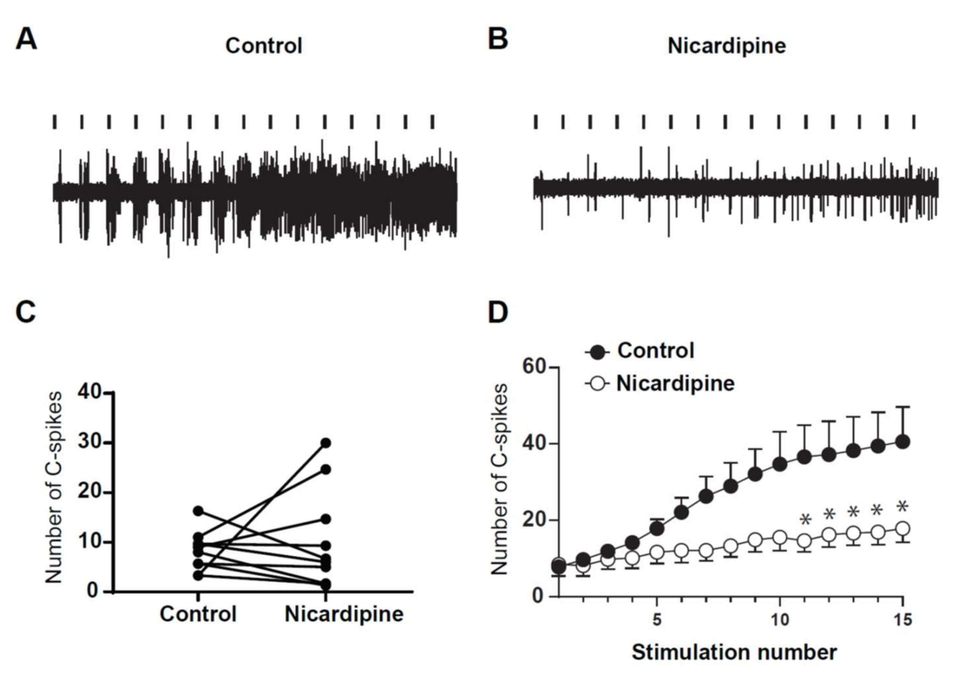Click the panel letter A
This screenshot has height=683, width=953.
click(x=26, y=40)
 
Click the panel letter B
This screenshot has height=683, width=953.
click(x=498, y=40)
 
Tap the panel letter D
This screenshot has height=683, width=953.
click(x=498, y=312)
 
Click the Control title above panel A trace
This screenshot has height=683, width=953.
click(x=263, y=46)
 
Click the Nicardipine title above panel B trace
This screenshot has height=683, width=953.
click(x=727, y=46)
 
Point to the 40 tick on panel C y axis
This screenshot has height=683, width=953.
click(x=89, y=393)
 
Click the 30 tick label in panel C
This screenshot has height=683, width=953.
click(x=89, y=443)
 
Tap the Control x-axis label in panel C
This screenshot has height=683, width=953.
click(x=198, y=614)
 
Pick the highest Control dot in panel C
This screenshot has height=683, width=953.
click(x=198, y=511)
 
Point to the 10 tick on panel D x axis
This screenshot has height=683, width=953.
click(x=779, y=620)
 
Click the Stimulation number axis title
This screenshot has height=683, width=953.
click(x=734, y=652)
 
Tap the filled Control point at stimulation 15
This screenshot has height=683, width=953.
click(x=903, y=442)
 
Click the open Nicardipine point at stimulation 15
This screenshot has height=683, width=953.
click(x=903, y=529)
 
